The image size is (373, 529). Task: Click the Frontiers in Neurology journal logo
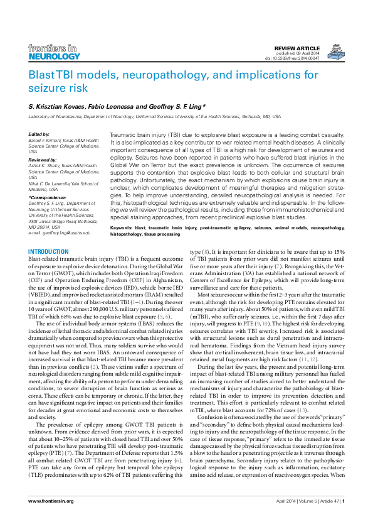55,52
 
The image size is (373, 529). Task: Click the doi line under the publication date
301,58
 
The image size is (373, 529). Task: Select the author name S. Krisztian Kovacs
58,107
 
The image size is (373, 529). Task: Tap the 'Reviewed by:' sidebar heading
43,160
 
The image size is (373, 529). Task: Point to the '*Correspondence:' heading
48,198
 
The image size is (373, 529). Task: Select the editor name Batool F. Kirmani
47,140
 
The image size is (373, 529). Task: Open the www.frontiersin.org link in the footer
51,518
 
